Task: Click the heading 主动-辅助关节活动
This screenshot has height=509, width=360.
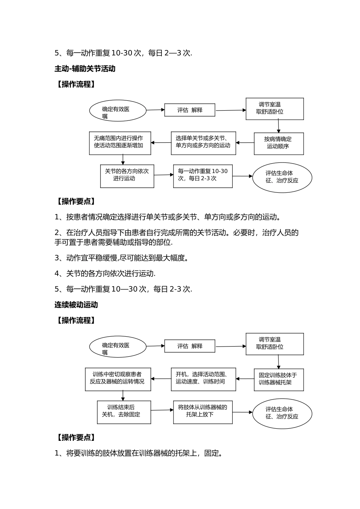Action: pos(85,69)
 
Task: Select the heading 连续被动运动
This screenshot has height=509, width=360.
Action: pos(76,304)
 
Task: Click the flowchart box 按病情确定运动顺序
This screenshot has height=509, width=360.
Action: pos(279,143)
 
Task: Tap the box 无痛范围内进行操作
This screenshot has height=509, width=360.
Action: pos(120,143)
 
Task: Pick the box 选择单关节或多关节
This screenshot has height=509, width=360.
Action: pos(203,143)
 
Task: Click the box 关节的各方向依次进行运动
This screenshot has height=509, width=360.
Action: pos(127,175)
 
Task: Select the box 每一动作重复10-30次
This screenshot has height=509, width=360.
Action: pos(203,175)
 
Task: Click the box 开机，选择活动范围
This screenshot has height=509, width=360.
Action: pos(203,379)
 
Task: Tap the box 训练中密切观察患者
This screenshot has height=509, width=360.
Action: pos(118,379)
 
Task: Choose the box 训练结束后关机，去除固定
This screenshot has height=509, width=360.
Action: pos(124,412)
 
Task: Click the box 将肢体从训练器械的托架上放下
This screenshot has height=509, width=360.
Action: pos(203,412)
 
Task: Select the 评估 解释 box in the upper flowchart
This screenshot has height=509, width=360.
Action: pos(190,110)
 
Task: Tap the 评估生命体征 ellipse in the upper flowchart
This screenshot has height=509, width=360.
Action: pos(282,177)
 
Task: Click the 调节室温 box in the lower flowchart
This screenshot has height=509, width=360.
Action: pos(275,343)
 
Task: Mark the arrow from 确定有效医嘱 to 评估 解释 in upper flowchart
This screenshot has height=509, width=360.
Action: pos(155,110)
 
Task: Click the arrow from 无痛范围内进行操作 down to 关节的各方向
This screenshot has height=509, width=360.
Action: pos(123,159)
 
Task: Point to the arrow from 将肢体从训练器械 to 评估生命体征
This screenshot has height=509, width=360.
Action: pos(243,412)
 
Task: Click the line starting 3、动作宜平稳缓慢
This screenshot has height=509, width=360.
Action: pos(122,258)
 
